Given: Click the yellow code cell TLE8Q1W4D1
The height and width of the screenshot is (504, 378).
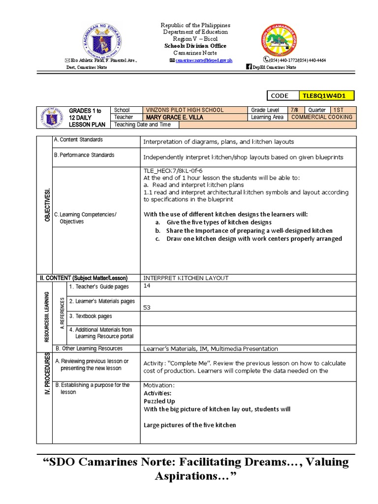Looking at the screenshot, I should [326, 95].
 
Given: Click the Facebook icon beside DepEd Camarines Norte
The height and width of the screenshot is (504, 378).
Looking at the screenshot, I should [249, 67].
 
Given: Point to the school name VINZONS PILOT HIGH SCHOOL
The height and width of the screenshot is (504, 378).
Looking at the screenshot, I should [185, 110].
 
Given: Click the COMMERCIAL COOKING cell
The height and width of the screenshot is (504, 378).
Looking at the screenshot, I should [322, 118].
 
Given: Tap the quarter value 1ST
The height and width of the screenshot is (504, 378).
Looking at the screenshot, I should [338, 110].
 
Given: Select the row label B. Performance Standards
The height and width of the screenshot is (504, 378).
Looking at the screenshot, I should [84, 155].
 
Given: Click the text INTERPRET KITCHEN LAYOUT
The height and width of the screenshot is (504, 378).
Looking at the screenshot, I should [186, 278].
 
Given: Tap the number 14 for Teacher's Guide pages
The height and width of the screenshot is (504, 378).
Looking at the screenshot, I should [147, 285].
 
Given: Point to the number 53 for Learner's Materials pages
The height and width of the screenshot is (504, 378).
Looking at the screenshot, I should [147, 308].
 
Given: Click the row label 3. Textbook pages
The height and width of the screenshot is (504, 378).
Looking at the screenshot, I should [91, 316].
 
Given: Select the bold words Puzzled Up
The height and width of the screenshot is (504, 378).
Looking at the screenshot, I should [159, 401].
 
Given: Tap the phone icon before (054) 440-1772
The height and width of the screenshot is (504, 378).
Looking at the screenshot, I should [265, 60].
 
